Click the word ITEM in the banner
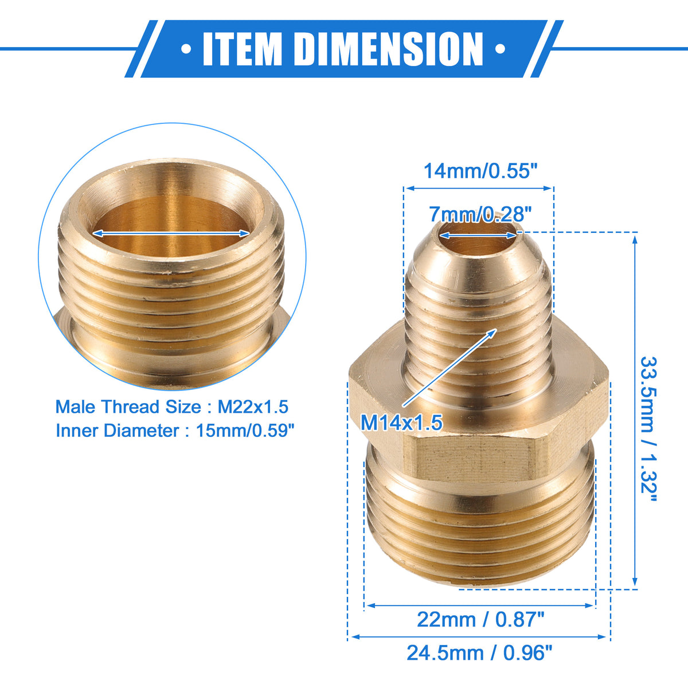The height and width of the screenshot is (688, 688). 243,49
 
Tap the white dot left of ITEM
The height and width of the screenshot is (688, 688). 186,49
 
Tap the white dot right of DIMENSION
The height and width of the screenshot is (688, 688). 500,49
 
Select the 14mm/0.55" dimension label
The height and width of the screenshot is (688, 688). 480,171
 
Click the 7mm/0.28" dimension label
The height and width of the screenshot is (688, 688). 480,214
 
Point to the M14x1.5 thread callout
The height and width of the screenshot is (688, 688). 401,423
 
